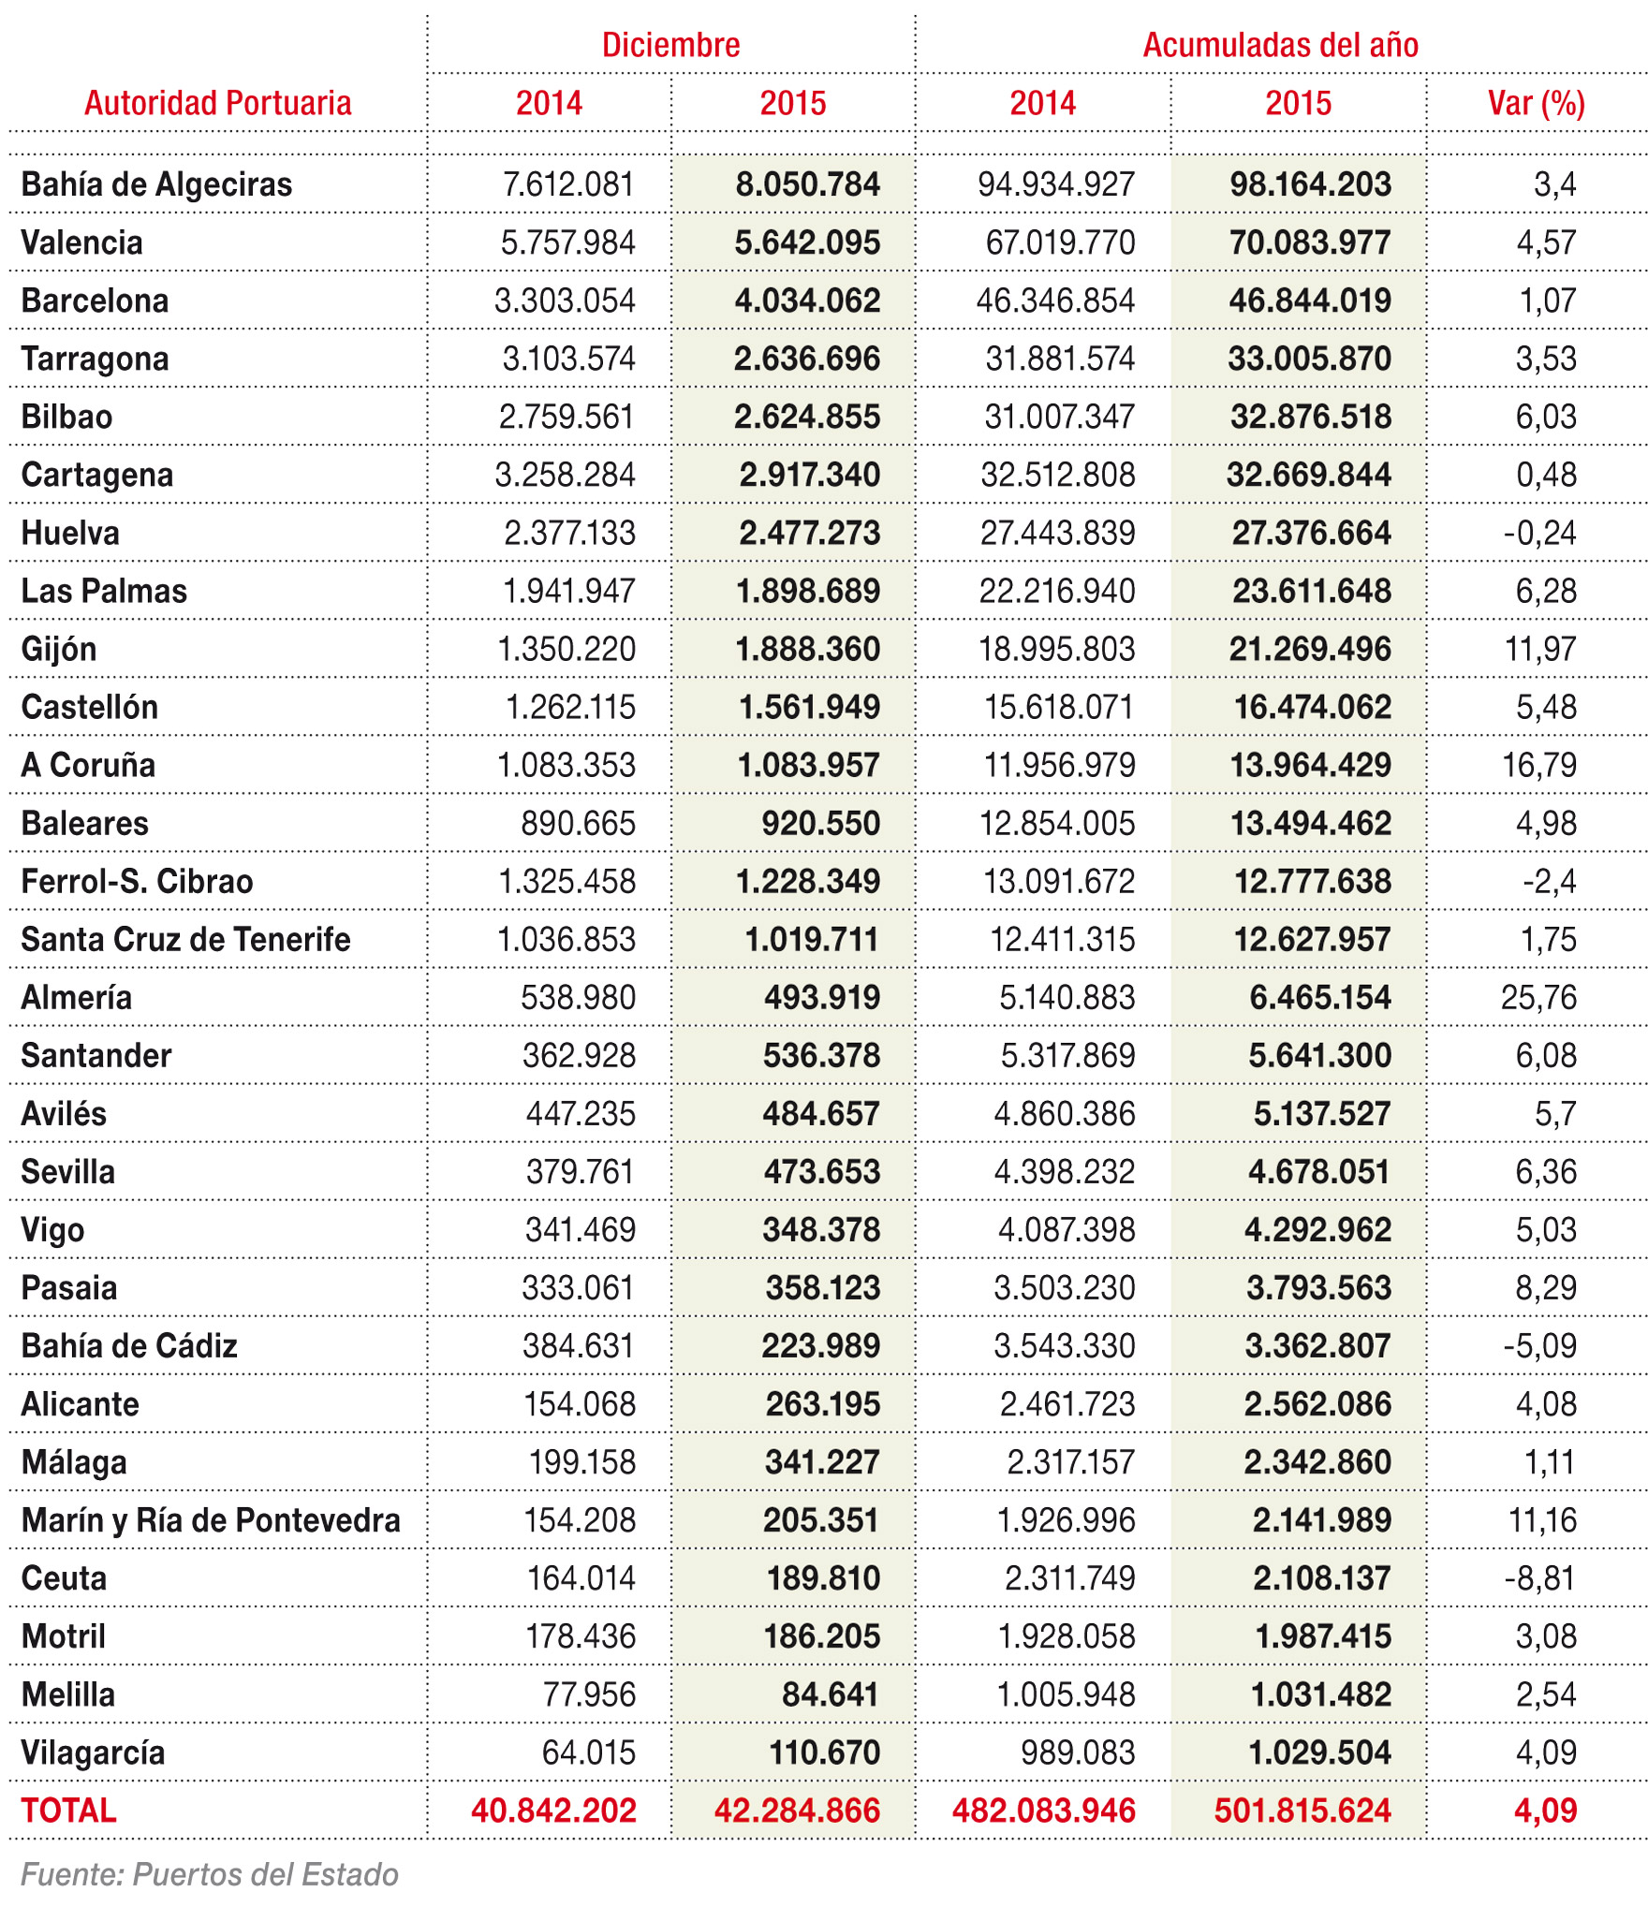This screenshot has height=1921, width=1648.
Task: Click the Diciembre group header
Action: point(670,45)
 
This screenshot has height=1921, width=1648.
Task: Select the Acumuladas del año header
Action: point(1280,45)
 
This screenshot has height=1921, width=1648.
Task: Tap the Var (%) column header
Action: point(1536,103)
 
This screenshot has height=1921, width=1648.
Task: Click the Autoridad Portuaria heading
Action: point(218,103)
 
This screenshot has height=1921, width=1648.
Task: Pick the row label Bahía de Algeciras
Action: point(156,184)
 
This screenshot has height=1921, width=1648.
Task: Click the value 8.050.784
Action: point(807,184)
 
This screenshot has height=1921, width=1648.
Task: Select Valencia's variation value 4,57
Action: point(1546,242)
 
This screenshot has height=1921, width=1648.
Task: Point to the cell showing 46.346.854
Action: point(1055,301)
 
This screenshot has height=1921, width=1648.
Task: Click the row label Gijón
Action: point(59,649)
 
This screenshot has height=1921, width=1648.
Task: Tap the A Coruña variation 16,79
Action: point(1539,765)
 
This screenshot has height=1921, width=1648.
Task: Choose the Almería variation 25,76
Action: point(1538,997)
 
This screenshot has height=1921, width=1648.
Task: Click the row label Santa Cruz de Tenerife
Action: point(185,939)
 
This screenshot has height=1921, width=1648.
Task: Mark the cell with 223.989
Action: point(821,1345)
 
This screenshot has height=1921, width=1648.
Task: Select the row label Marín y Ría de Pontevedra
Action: point(211,1519)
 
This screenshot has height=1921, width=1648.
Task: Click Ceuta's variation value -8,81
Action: point(1540,1577)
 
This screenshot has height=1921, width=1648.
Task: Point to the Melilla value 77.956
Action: point(589,1694)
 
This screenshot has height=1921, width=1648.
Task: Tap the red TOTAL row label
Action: point(68,1810)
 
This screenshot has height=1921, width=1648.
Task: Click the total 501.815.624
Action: point(1302,1810)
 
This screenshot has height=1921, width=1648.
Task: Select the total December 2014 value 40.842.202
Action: point(553,1810)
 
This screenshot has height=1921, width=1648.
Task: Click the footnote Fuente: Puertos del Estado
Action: point(210,1873)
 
